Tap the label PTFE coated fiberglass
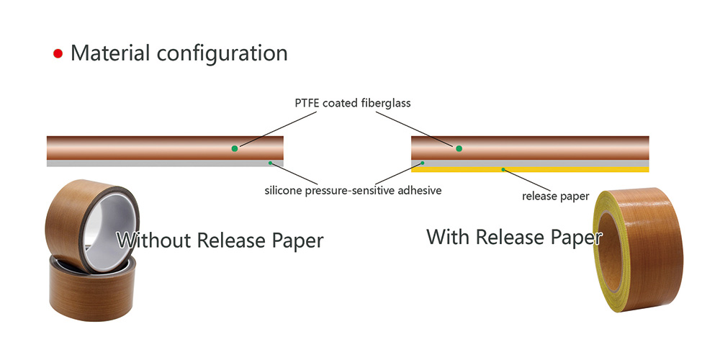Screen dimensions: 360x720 353,103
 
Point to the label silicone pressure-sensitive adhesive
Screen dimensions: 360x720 353,191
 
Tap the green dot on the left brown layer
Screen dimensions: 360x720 234,148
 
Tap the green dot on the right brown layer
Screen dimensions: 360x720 459,148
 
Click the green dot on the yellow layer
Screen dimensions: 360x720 503,170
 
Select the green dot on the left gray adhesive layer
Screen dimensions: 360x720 270,163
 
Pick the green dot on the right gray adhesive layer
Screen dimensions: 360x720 423,163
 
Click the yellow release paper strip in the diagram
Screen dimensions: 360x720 576,170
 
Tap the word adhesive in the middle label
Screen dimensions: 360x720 418,191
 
